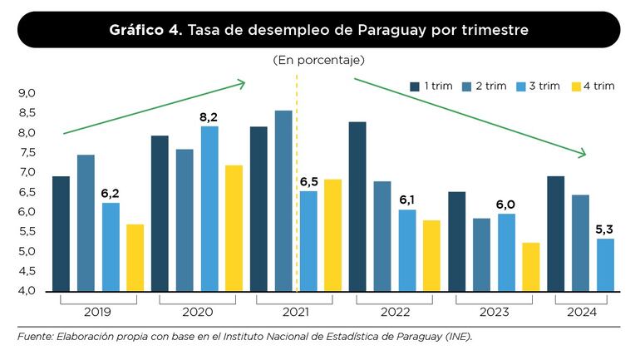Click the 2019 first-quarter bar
[x=61, y=234]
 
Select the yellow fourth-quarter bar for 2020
[x=234, y=228]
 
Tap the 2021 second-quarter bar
[x=283, y=200]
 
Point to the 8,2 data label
[x=209, y=117]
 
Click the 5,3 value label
[x=606, y=229]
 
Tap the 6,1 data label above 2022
[x=407, y=200]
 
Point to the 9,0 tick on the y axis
[x=27, y=93]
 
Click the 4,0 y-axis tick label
[x=27, y=291]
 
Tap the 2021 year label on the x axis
[x=296, y=313]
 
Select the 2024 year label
[x=581, y=313]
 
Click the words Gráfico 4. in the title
[x=145, y=30]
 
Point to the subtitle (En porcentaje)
[x=318, y=61]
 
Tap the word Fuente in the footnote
[x=34, y=338]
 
